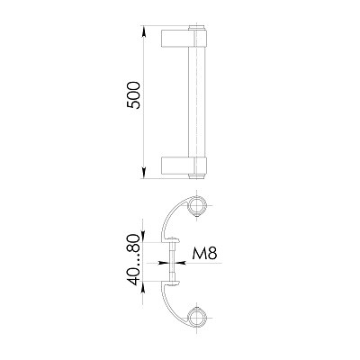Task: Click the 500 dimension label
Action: [x=133, y=95]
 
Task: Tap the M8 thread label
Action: [x=204, y=254]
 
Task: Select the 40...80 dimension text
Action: [x=133, y=260]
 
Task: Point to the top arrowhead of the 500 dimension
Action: [x=144, y=31]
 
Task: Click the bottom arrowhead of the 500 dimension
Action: [x=144, y=173]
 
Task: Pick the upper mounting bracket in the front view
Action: [x=184, y=38]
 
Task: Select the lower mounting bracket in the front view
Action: [x=184, y=166]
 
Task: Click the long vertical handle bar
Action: [x=196, y=102]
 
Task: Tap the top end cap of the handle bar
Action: [x=197, y=28]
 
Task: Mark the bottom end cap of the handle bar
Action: [x=197, y=176]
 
